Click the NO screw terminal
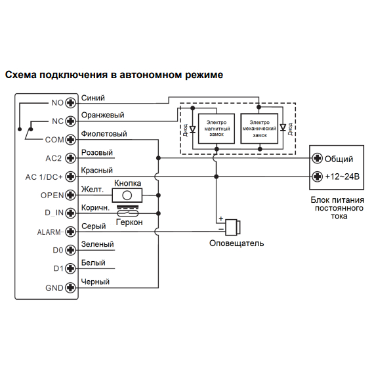point(70,103)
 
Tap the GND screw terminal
point(70,287)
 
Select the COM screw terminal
point(70,140)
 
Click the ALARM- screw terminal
point(70,232)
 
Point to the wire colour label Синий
point(93,98)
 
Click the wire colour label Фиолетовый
point(104,134)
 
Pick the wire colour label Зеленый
point(98,244)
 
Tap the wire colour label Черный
point(95,281)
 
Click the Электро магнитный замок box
point(217,129)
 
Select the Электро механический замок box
point(260,129)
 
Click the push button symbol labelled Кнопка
point(127,196)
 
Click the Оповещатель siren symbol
point(233,227)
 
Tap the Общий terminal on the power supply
point(317,158)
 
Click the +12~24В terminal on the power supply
point(317,177)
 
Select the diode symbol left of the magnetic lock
point(192,129)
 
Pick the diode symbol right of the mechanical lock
point(283,127)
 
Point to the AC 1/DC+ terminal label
point(44,177)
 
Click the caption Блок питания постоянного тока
point(337,208)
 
